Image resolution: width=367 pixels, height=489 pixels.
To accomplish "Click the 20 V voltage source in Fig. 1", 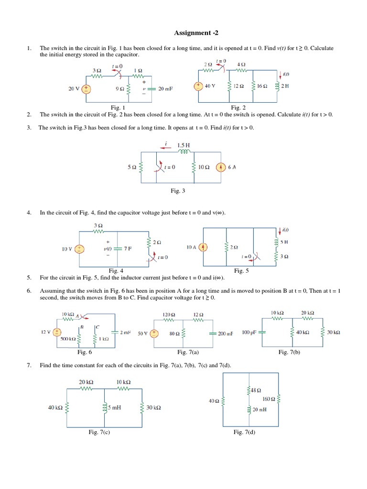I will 86,88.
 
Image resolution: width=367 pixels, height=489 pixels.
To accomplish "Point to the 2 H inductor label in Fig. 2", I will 286,86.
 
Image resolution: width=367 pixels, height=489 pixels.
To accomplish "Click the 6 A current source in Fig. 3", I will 220,167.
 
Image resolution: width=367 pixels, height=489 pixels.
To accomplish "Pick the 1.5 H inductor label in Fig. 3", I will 184,145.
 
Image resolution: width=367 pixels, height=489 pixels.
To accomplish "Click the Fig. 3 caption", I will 178,191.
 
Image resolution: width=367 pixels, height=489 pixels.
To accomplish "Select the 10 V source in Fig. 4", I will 80,249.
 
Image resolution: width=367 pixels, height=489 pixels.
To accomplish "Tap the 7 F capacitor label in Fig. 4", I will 128,249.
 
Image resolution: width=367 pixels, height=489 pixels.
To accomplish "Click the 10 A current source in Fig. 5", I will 204,247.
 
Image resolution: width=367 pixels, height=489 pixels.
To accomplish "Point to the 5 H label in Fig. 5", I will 284,242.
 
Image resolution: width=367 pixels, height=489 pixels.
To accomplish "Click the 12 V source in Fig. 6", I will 57,332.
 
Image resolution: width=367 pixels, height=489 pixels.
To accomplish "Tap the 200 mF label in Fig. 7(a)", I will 226,333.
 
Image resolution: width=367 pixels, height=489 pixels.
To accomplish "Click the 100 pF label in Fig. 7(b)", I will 250,332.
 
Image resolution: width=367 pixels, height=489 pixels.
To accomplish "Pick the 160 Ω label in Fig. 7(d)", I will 269,398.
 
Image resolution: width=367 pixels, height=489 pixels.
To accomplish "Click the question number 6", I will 29,291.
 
